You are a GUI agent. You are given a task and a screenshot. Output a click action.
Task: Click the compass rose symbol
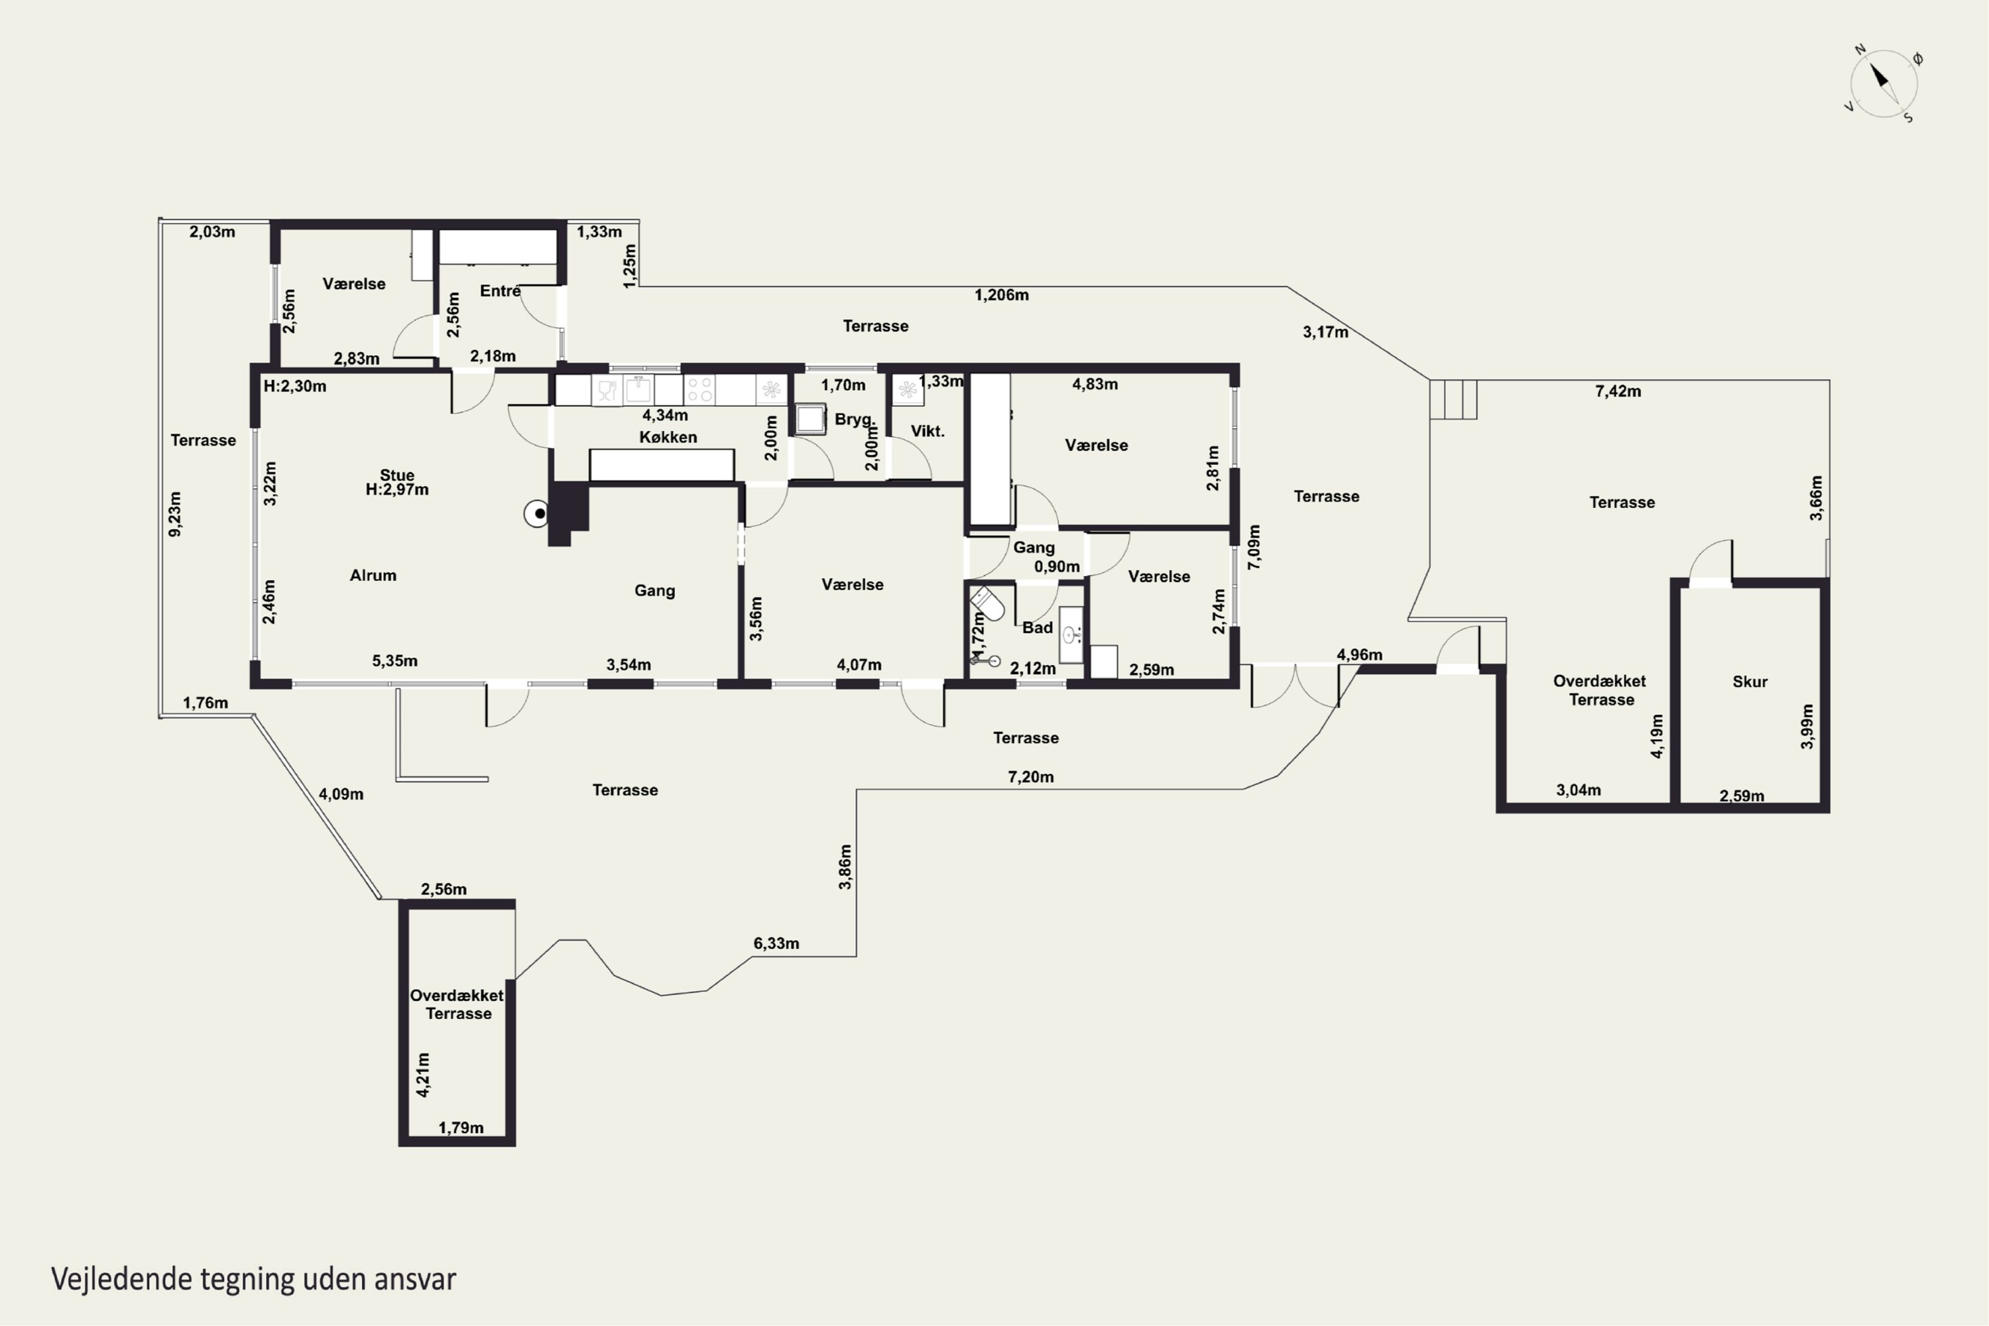coord(1884,84)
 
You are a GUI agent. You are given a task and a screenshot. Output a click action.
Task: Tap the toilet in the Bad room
coord(987,604)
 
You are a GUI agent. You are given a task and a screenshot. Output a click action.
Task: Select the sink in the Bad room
coord(1071,634)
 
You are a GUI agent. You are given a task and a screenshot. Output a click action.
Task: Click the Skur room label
coord(1750,682)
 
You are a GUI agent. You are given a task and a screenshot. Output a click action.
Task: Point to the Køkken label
coord(668,437)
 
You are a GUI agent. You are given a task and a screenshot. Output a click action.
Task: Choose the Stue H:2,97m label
coord(396,482)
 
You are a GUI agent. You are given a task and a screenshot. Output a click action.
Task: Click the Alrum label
coord(373,575)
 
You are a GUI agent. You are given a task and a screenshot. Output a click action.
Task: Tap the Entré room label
coord(501,291)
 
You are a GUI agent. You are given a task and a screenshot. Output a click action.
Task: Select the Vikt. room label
coord(927,432)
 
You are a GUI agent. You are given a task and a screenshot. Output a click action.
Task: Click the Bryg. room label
coord(854,420)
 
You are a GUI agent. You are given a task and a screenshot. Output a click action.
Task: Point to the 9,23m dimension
coord(175,514)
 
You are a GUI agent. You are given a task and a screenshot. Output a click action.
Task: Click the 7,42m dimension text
coord(1618,392)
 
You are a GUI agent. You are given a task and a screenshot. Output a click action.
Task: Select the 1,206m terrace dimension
coord(1001,295)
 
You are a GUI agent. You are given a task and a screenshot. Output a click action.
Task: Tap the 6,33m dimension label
coord(776,943)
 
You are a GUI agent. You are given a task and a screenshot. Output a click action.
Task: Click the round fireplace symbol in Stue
coord(536,513)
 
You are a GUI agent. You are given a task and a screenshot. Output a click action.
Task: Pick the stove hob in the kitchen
coord(699,390)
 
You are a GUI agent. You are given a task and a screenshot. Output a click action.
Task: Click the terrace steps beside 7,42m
coord(1453,399)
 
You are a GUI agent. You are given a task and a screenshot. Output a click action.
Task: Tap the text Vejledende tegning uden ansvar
coord(254,1279)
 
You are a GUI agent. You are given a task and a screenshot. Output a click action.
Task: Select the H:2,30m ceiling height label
coord(294,387)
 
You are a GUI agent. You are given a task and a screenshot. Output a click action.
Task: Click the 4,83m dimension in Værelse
coord(1095,384)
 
